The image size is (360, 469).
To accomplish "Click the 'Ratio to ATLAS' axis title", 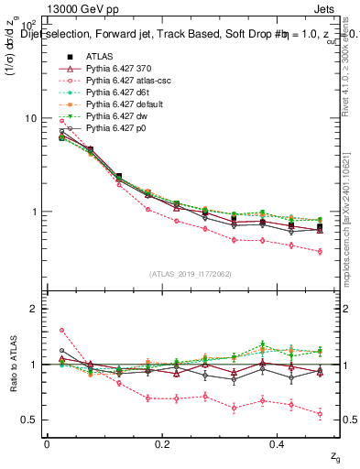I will pos(13,364).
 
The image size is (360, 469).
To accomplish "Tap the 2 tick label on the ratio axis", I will pos(34,309).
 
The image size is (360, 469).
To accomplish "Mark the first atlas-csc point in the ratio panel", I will pos(61,331).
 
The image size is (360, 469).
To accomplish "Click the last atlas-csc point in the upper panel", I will pos(320,251).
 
